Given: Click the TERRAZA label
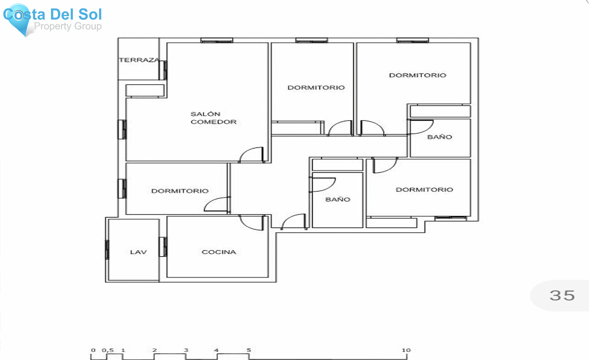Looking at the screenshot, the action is (x=139, y=60).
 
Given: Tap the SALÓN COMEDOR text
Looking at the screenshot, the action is (x=213, y=118).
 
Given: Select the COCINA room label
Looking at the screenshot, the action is (x=219, y=252).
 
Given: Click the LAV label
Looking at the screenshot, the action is (x=138, y=252).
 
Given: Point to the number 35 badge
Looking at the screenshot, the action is (x=562, y=296).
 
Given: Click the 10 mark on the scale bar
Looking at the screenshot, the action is (x=406, y=350).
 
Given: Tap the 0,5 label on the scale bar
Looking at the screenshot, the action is (x=108, y=350).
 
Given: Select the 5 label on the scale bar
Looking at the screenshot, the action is (x=249, y=350).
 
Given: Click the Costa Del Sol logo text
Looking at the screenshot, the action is (x=53, y=14).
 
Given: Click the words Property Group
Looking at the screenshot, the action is (x=68, y=26).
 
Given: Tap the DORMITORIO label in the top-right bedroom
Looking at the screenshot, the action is (x=418, y=75).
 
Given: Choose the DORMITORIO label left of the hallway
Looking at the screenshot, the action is (x=180, y=191).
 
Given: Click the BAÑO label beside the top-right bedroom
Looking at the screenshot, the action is (x=440, y=137).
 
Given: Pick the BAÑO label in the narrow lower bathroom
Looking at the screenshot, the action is (x=338, y=199).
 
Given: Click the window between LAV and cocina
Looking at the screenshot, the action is (x=163, y=247).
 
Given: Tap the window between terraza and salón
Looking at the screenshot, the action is (x=163, y=70).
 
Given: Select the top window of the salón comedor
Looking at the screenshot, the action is (x=217, y=40).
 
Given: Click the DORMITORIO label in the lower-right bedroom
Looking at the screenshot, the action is (x=424, y=190).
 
